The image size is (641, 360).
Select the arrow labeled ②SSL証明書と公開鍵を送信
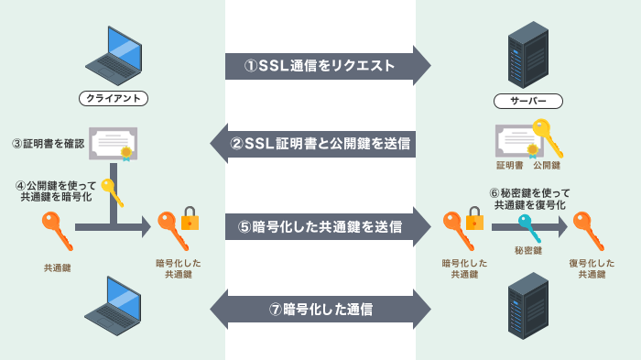pyautogui.click(x=320, y=144)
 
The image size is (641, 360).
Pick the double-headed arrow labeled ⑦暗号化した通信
pyautogui.click(x=320, y=309)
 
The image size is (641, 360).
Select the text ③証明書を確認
pyautogui.click(x=48, y=144)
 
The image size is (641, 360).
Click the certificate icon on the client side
pyautogui.click(x=114, y=144)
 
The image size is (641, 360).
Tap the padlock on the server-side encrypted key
pyautogui.click(x=474, y=218)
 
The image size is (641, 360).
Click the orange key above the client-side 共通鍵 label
pyautogui.click(x=56, y=231)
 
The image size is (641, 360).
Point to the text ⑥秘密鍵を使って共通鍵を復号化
pyautogui.click(x=530, y=200)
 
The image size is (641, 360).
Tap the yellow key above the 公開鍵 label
pyautogui.click(x=548, y=136)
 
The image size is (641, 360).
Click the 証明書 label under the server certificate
pyautogui.click(x=509, y=166)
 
